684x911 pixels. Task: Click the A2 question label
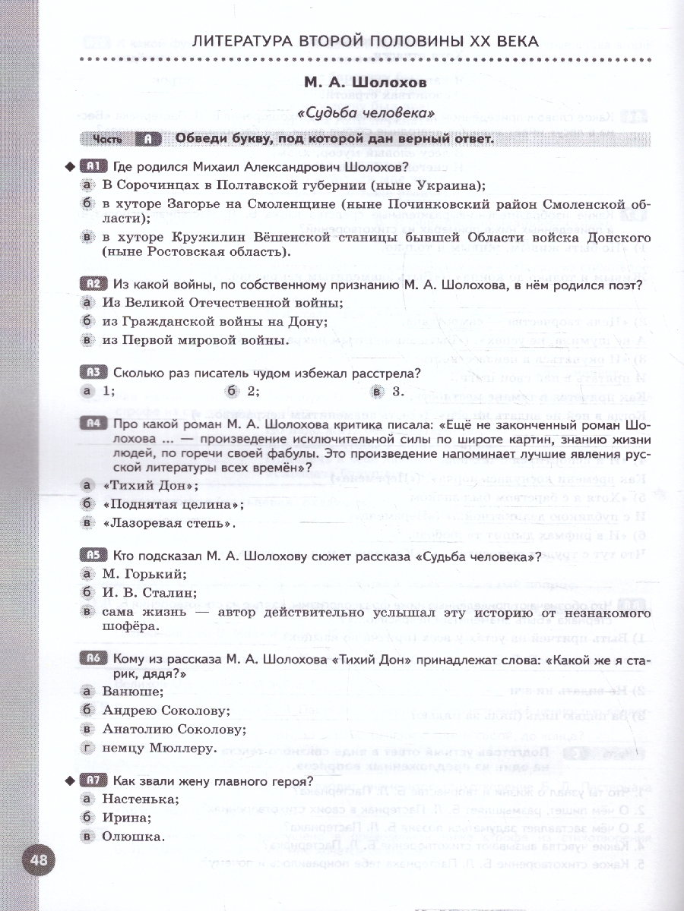pyautogui.click(x=94, y=285)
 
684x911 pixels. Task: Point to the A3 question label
pyautogui.click(x=94, y=372)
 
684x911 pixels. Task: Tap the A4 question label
pyautogui.click(x=94, y=424)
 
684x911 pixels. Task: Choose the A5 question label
pyautogui.click(x=94, y=555)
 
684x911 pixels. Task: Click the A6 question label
pyautogui.click(x=94, y=658)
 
